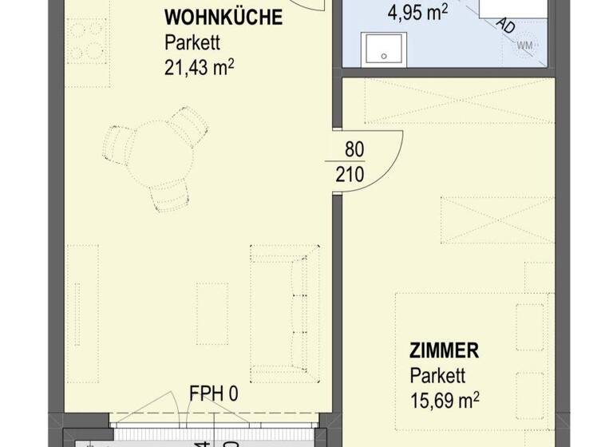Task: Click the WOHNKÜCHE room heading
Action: click(223, 18)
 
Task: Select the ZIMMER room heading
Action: click(444, 350)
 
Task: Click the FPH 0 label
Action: click(214, 394)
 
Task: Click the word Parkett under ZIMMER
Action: click(437, 374)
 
